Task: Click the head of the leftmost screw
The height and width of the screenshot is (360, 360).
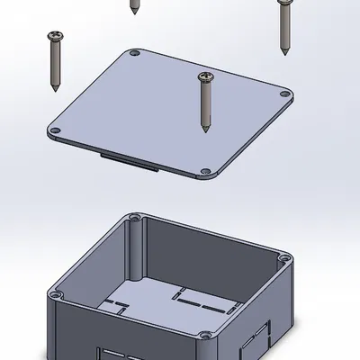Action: (x=54, y=36)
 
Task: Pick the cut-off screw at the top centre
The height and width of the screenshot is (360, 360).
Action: (x=134, y=6)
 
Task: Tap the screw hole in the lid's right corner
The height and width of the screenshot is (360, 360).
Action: (x=285, y=94)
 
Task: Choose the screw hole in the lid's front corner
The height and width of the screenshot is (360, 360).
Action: (x=216, y=172)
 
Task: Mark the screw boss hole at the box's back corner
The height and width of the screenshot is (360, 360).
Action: (x=135, y=218)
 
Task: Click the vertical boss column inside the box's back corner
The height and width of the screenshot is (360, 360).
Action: (x=135, y=247)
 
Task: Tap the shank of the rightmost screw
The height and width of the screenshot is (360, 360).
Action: (x=285, y=27)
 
